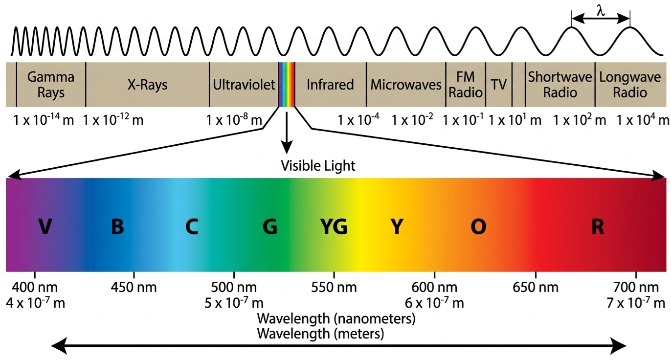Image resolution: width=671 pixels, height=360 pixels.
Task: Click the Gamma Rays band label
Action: [51, 85]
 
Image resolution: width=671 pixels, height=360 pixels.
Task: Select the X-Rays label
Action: [147, 85]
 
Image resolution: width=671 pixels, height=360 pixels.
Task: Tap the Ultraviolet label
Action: [244, 85]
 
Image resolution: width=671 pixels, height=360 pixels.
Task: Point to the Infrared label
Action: [330, 85]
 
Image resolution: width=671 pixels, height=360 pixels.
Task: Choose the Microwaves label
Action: [406, 85]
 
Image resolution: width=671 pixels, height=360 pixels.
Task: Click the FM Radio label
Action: [466, 85]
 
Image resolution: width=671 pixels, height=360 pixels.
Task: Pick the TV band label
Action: [499, 85]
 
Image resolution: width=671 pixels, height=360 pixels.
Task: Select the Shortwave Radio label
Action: [560, 85]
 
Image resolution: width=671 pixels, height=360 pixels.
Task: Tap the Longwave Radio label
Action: [630, 85]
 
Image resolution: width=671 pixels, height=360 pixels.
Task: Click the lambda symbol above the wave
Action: [601, 11]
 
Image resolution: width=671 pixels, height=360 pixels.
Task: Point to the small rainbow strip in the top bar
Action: [287, 85]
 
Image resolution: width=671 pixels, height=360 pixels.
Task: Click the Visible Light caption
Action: [318, 166]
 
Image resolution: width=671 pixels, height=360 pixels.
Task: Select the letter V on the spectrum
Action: [45, 226]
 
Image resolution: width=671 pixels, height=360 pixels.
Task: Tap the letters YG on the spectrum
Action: [334, 226]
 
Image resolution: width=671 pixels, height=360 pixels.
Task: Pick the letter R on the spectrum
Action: [598, 226]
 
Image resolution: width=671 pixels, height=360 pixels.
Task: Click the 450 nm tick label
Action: [134, 288]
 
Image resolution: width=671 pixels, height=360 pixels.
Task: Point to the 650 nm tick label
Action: [536, 288]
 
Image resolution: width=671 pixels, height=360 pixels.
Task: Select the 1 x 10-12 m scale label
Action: [113, 120]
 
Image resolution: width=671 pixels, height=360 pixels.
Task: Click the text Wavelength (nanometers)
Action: [336, 319]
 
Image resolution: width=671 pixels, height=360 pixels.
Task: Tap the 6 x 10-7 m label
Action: [434, 303]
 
